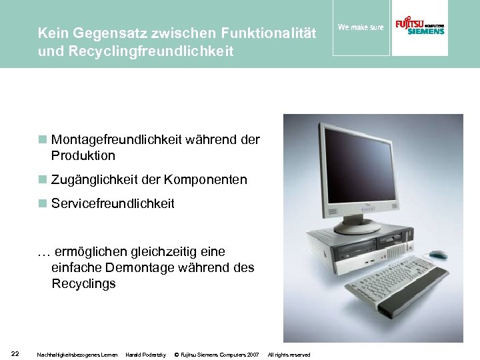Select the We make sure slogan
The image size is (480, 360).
[361, 27]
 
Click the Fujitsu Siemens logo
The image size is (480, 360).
[420, 27]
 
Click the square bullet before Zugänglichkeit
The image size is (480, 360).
[42, 179]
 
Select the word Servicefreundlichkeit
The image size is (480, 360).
[113, 204]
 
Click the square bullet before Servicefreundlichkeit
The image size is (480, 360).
[42, 203]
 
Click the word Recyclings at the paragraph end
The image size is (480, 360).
[84, 284]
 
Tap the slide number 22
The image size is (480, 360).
[15, 353]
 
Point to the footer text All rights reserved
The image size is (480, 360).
[289, 355]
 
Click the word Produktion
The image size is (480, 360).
[83, 156]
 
